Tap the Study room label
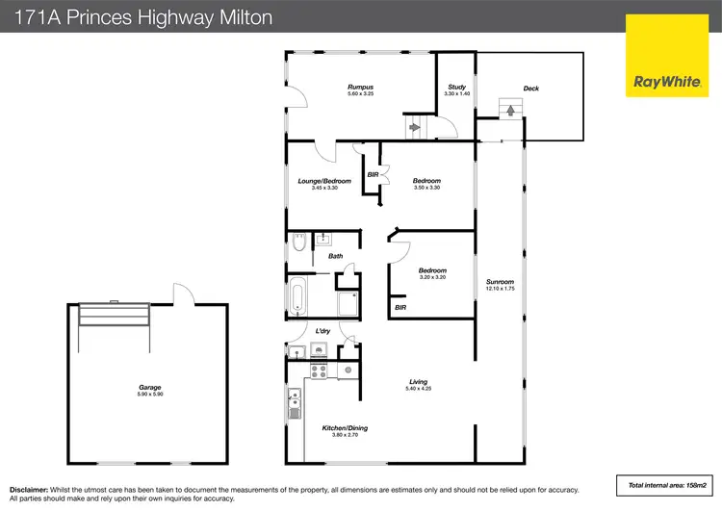(456, 88)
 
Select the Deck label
(530, 89)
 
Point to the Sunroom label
(501, 282)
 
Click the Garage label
(148, 388)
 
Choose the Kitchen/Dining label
(345, 428)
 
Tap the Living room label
(418, 382)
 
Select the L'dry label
(323, 332)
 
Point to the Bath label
(335, 256)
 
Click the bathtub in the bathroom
(298, 295)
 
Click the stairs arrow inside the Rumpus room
(415, 126)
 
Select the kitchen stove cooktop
(318, 370)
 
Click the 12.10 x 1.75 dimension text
(501, 289)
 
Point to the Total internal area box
(663, 484)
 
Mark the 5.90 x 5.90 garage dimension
(148, 395)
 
